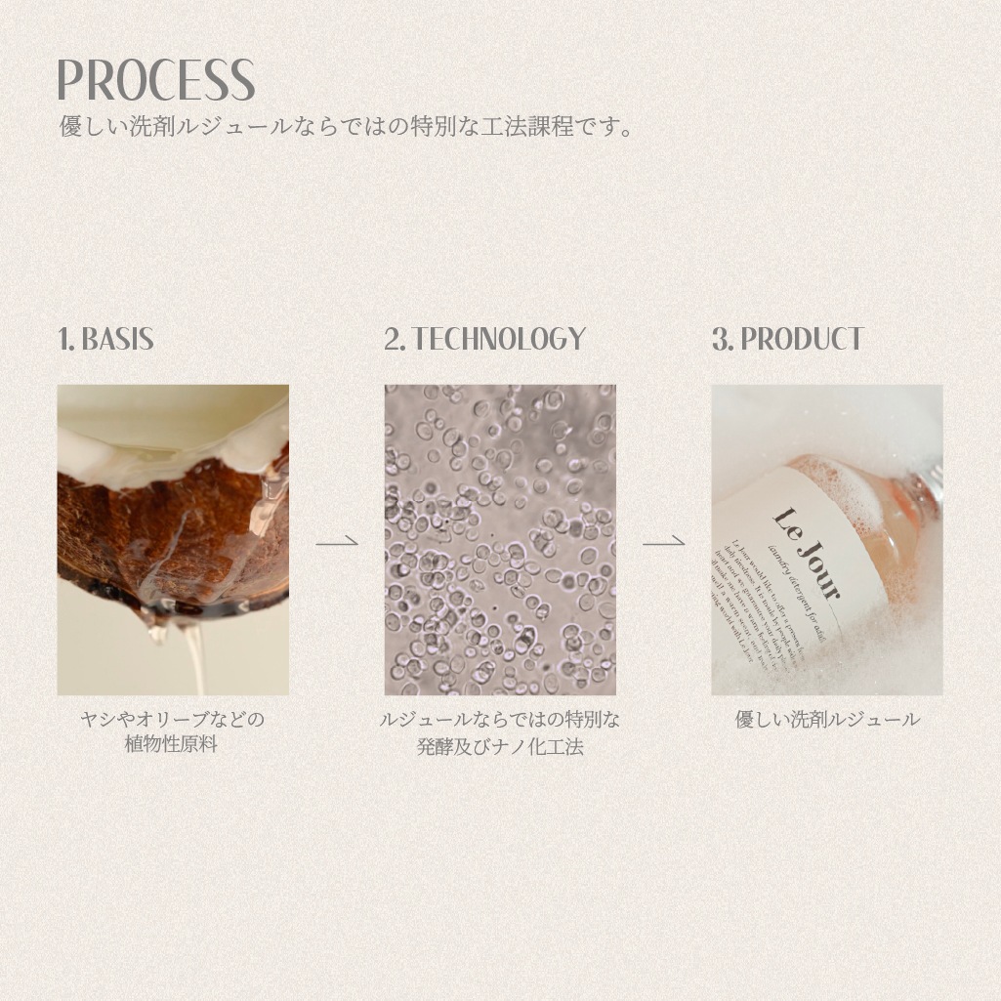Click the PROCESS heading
tap(156, 80)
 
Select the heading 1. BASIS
tap(106, 340)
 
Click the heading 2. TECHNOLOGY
tap(484, 340)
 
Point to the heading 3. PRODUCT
tap(787, 340)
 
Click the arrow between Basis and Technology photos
tap(337, 540)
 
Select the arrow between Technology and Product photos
tap(663, 540)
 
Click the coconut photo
tap(173, 539)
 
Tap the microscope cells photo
tap(500, 539)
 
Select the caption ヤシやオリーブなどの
tap(173, 720)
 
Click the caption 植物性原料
tap(173, 747)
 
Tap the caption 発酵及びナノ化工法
tap(500, 748)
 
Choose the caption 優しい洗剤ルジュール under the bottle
tap(827, 720)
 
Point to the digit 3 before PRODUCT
tap(721, 340)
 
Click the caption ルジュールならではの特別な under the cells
tap(500, 720)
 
